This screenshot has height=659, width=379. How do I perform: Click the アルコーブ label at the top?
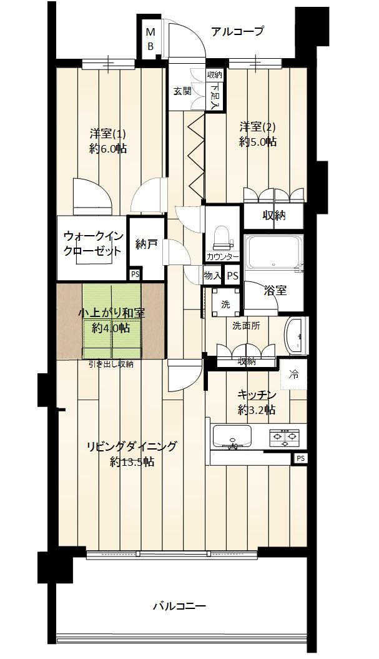pos(237,31)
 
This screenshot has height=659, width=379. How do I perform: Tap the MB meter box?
pos(150,39)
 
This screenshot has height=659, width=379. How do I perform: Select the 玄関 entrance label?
pos(182,91)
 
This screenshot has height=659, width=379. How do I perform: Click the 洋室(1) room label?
pos(108,134)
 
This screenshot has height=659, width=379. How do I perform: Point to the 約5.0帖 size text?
pos(258,142)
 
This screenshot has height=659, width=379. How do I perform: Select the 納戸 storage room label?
pos(147,244)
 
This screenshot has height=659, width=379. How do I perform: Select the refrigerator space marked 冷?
pos(294,375)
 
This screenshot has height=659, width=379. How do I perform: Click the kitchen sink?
pos(232,437)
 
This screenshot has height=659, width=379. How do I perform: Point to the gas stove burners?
pos(285,438)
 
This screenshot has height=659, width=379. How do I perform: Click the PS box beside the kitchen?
pos(300,458)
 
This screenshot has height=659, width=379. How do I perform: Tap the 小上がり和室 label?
pos(112,313)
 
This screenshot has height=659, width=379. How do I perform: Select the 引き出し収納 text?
pos(111,365)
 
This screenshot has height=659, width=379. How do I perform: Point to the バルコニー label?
pos(179,606)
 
